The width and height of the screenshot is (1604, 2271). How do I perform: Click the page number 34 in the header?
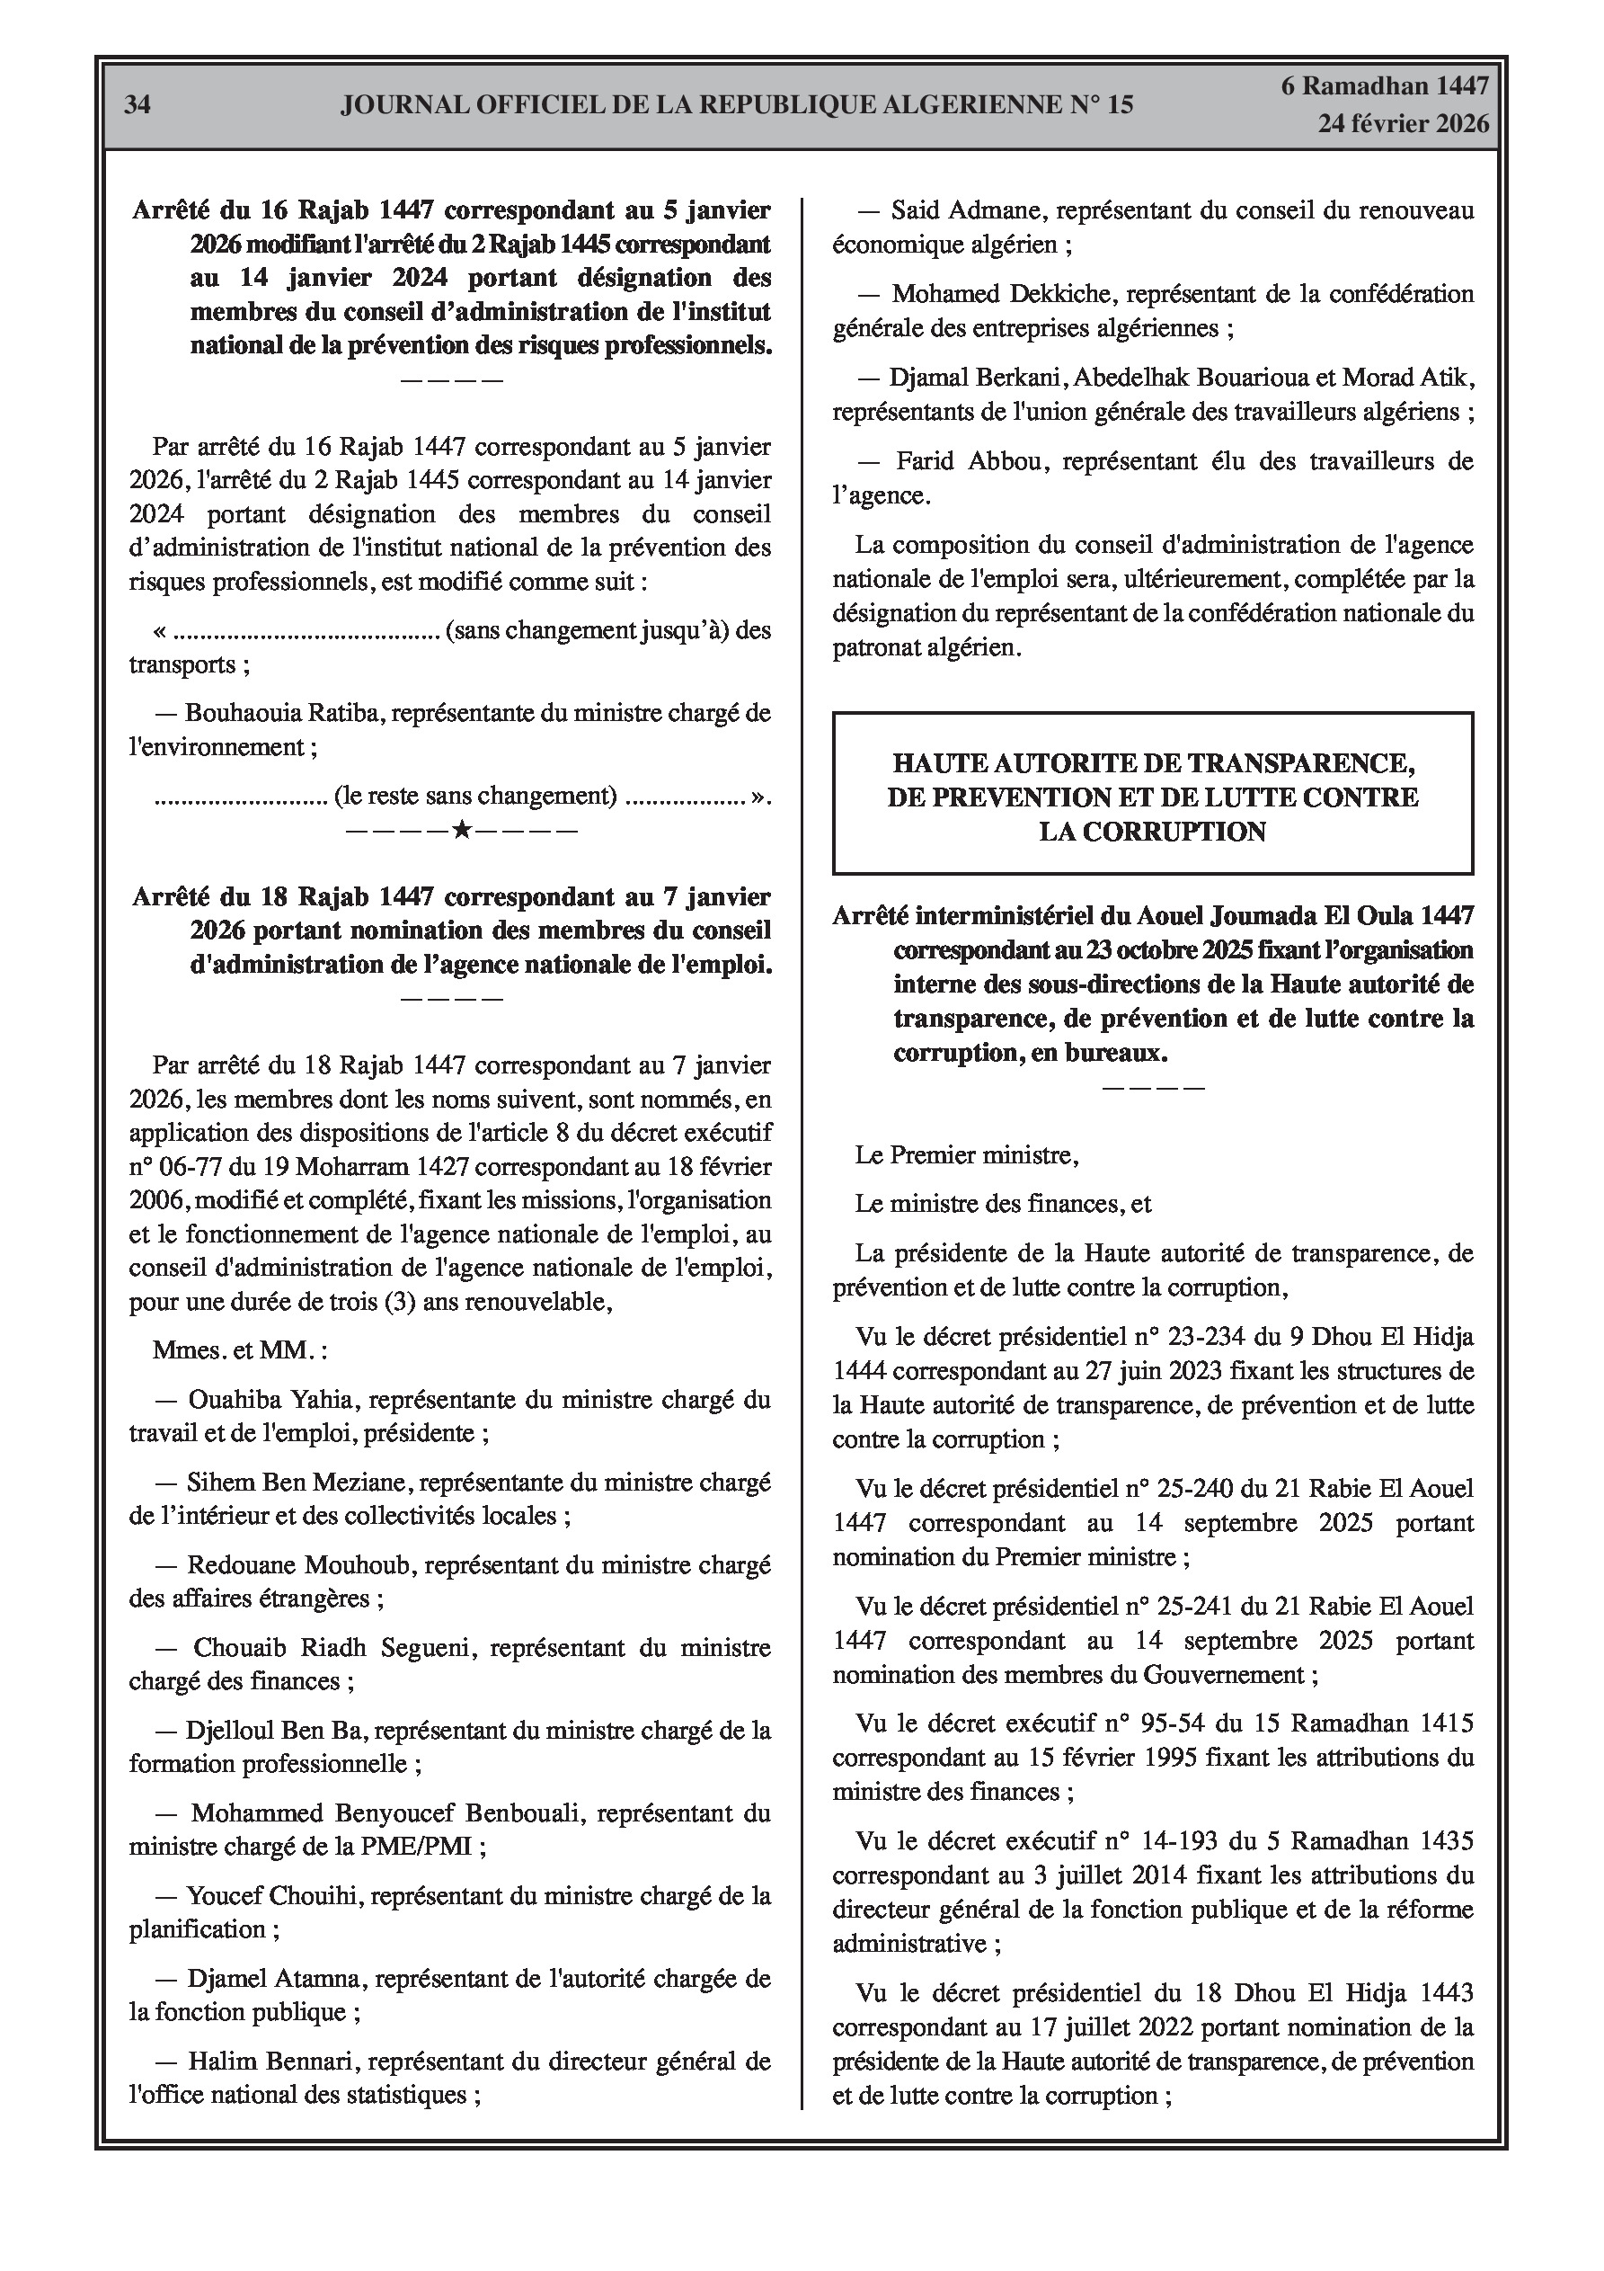point(137,105)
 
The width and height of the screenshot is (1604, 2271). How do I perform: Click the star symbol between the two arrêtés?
point(461,830)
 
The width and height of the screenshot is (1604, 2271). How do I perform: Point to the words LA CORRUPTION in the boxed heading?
point(1152,832)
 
